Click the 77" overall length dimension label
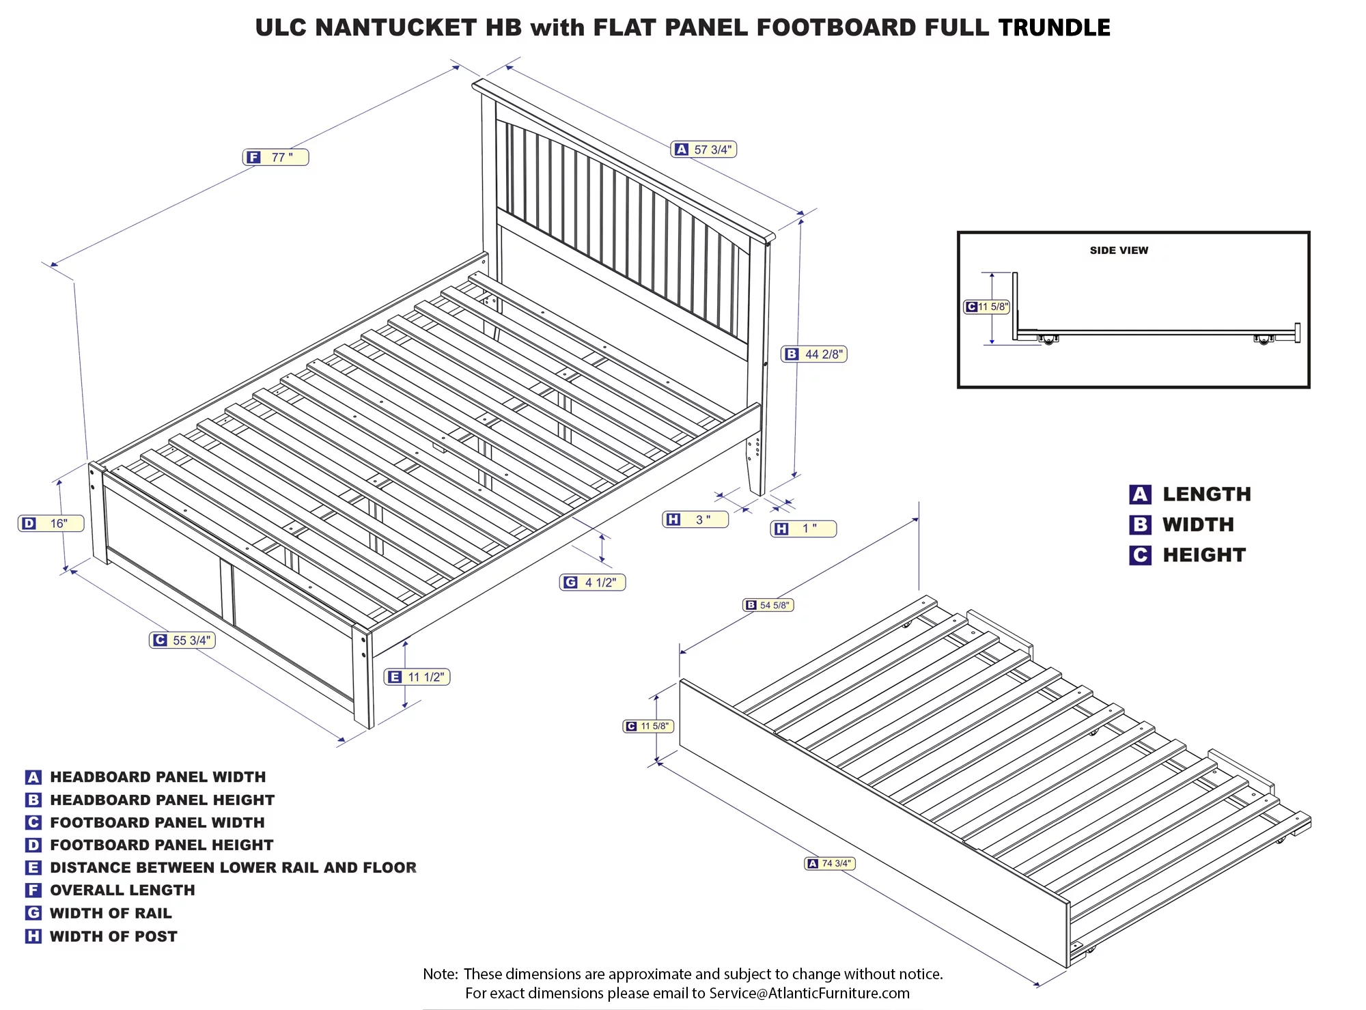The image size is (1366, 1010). tap(276, 157)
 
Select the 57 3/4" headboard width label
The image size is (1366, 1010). tap(704, 150)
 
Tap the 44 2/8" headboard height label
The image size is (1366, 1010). tap(815, 354)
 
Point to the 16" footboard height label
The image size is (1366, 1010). tap(51, 524)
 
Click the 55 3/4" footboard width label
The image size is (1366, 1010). tap(182, 641)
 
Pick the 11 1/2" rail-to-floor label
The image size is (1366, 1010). tap(417, 677)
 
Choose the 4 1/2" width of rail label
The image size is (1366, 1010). tap(593, 583)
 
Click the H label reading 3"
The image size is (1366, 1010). tap(695, 520)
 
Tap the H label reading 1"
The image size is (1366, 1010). tap(803, 529)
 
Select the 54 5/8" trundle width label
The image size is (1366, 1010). tap(768, 605)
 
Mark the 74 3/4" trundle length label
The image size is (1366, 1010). tap(830, 864)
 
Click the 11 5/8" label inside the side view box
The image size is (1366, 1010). tap(986, 307)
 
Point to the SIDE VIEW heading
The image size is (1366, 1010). tap(1119, 251)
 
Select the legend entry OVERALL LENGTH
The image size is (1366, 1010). tap(122, 890)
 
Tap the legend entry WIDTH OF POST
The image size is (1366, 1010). tap(113, 937)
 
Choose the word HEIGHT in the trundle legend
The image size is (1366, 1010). tap(1204, 555)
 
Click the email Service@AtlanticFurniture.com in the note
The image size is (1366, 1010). tap(809, 994)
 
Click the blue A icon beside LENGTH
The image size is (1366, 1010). tap(1140, 494)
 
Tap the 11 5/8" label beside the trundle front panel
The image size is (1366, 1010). tap(649, 727)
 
